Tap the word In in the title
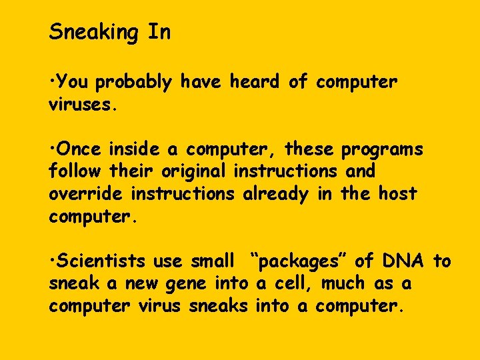pos(159,31)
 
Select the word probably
pos(133,83)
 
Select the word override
pos(86,193)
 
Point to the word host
pos(397,193)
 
